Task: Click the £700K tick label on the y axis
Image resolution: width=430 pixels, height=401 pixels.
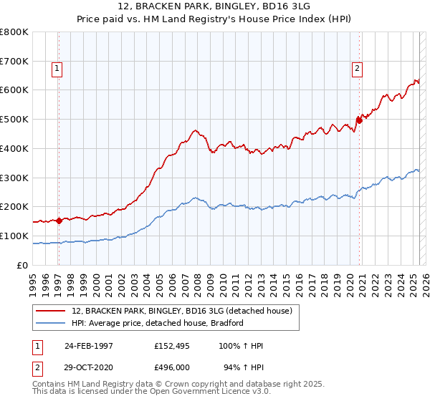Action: pos(14,61)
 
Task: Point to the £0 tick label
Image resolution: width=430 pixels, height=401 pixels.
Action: pos(23,265)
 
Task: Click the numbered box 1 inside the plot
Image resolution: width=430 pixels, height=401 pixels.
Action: pos(57,69)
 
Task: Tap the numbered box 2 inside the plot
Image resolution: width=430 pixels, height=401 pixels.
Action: pos(356,69)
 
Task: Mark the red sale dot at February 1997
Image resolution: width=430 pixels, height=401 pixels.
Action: pos(59,221)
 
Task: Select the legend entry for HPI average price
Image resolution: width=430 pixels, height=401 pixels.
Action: pos(158,323)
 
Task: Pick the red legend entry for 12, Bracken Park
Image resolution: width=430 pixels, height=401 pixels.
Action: pos(181,311)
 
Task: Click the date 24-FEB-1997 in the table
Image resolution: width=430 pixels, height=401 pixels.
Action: pos(89,346)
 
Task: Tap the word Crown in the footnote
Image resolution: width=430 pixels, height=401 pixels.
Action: pos(191,385)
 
